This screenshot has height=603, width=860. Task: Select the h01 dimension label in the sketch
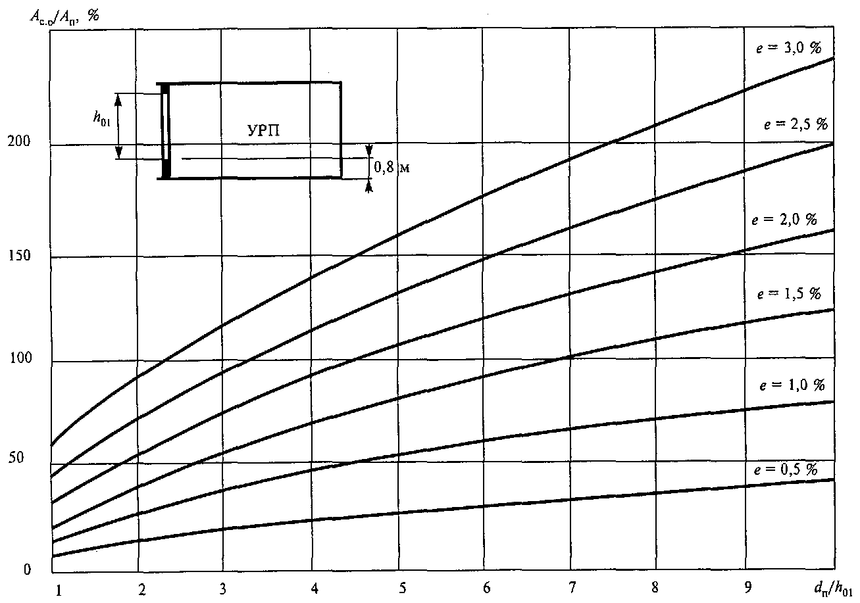tap(102, 118)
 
